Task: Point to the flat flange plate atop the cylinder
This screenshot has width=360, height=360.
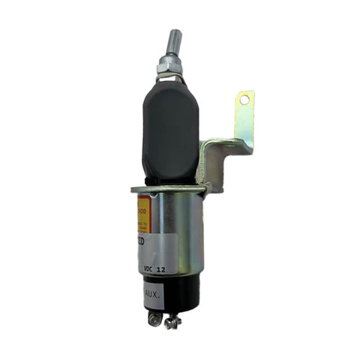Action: pos(169,189)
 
